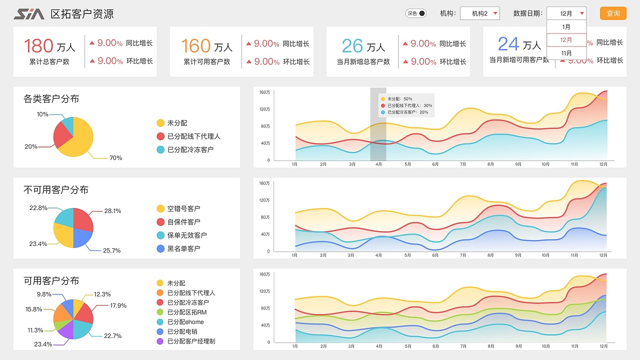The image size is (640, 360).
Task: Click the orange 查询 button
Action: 613,13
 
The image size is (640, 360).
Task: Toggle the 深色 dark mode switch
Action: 416,13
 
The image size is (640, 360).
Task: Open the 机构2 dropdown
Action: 479,13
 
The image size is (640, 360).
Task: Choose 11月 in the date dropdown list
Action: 566,53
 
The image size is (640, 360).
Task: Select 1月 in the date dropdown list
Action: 566,27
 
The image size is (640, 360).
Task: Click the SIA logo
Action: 29,14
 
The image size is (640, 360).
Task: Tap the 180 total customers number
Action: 38,46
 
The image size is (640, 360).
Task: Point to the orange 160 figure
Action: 195,46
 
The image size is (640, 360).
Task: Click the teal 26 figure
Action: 352,46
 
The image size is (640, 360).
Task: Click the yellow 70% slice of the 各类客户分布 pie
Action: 80,140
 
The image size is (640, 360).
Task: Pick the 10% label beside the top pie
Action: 42,114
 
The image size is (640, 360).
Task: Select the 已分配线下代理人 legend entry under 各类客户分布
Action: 193,136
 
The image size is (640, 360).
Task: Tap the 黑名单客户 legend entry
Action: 183,248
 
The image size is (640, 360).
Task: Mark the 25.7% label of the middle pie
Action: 112,250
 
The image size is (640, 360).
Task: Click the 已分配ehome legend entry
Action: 185,322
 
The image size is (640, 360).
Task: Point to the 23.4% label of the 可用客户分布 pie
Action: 43,344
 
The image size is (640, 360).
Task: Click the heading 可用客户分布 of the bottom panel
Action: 51,281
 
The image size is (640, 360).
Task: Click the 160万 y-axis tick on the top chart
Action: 264,92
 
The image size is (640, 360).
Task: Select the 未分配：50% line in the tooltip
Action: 400,99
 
